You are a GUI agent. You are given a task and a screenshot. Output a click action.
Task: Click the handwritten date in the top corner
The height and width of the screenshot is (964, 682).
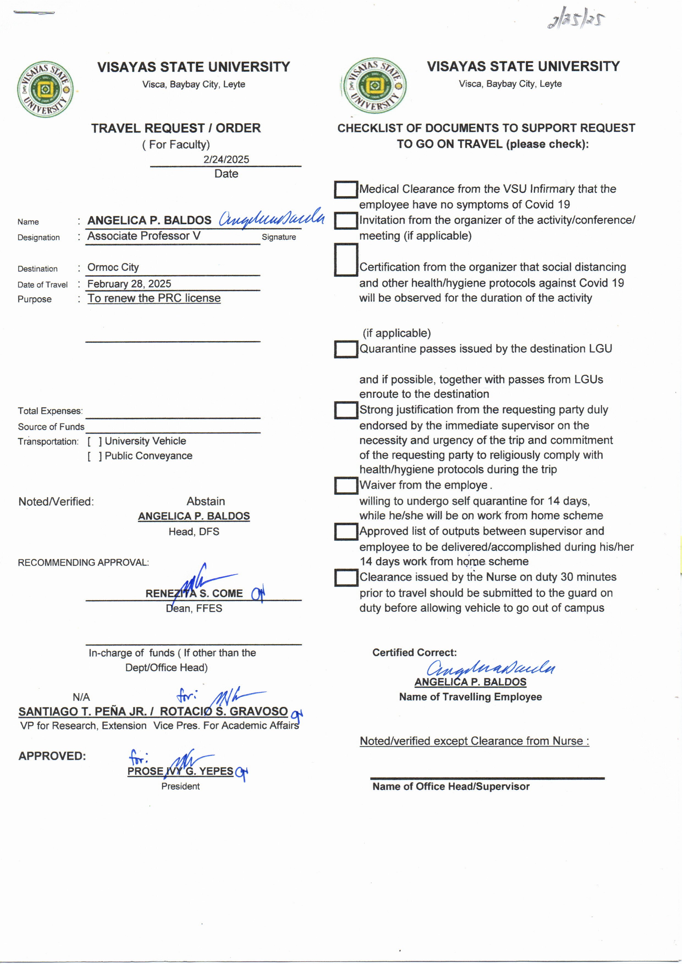tap(576, 19)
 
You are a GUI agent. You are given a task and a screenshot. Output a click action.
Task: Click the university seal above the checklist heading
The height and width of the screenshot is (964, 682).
tap(374, 86)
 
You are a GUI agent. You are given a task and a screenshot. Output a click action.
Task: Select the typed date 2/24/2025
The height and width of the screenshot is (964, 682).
tap(226, 160)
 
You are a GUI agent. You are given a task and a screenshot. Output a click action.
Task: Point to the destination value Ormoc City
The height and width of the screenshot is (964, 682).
tap(113, 268)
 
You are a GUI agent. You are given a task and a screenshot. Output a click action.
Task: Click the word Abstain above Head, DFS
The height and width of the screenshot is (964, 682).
tap(206, 502)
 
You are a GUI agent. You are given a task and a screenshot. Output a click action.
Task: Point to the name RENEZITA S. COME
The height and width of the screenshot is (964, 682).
tap(194, 594)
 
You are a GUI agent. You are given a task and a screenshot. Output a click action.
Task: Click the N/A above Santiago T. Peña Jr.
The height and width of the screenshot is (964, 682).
tap(81, 698)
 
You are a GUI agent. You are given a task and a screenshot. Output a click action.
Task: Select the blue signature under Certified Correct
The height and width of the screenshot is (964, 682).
tap(490, 668)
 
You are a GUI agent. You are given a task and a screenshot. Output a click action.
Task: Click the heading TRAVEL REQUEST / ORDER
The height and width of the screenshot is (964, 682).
tap(176, 128)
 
